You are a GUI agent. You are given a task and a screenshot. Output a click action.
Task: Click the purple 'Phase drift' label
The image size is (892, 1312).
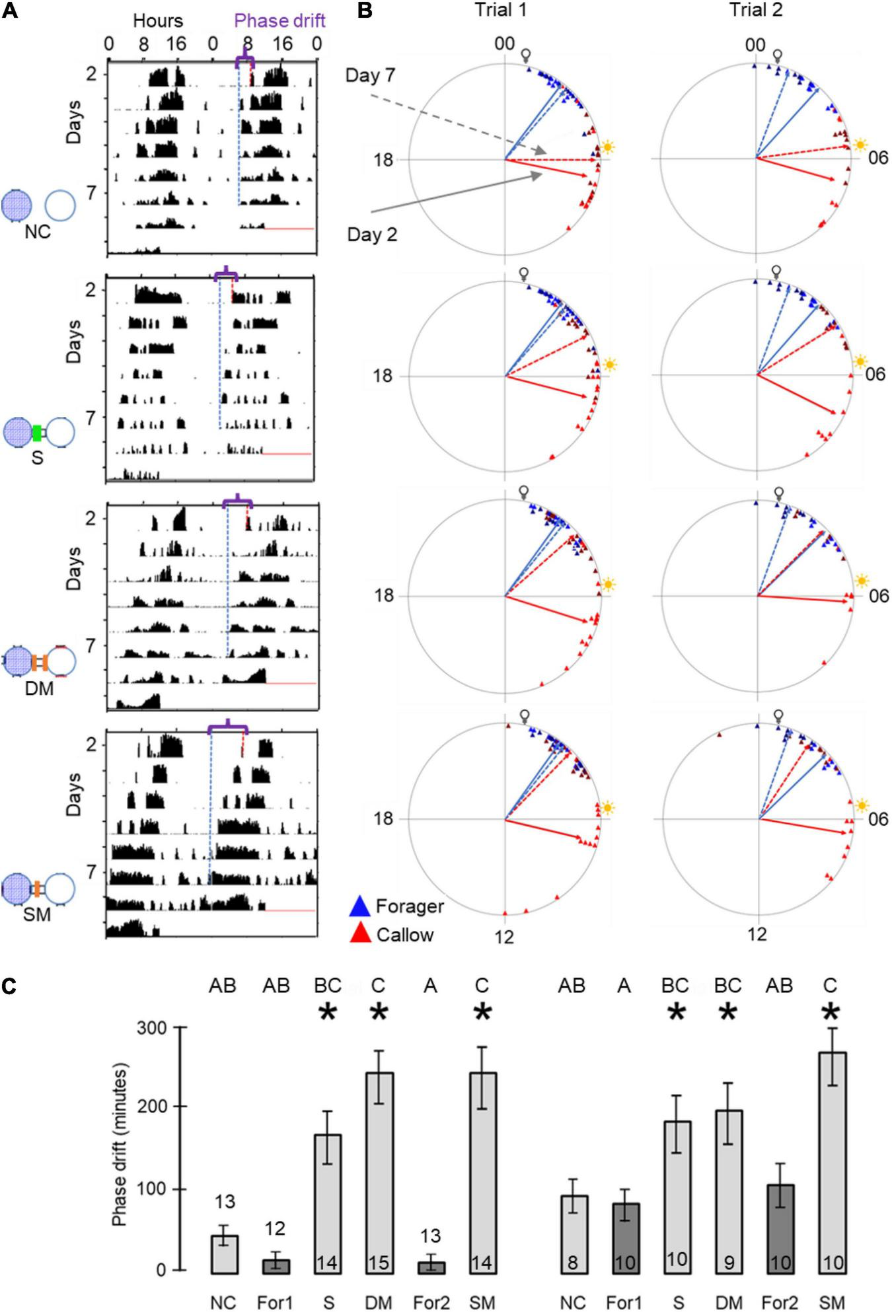click(x=280, y=20)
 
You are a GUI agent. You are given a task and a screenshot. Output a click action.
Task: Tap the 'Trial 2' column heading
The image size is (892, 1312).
click(x=756, y=10)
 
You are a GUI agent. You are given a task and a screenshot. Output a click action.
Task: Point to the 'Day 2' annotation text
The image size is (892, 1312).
click(x=372, y=235)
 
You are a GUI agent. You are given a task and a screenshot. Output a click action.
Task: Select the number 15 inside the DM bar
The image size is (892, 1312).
click(x=378, y=1264)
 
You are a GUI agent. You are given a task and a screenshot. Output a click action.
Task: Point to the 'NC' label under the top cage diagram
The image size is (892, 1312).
click(x=38, y=232)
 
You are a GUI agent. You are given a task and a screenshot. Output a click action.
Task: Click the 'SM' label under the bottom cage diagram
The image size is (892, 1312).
click(x=38, y=915)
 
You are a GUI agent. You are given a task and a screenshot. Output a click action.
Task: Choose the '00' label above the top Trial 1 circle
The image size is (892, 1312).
click(x=504, y=44)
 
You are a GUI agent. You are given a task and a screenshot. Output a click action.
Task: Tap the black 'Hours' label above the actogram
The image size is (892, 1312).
click(x=158, y=20)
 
